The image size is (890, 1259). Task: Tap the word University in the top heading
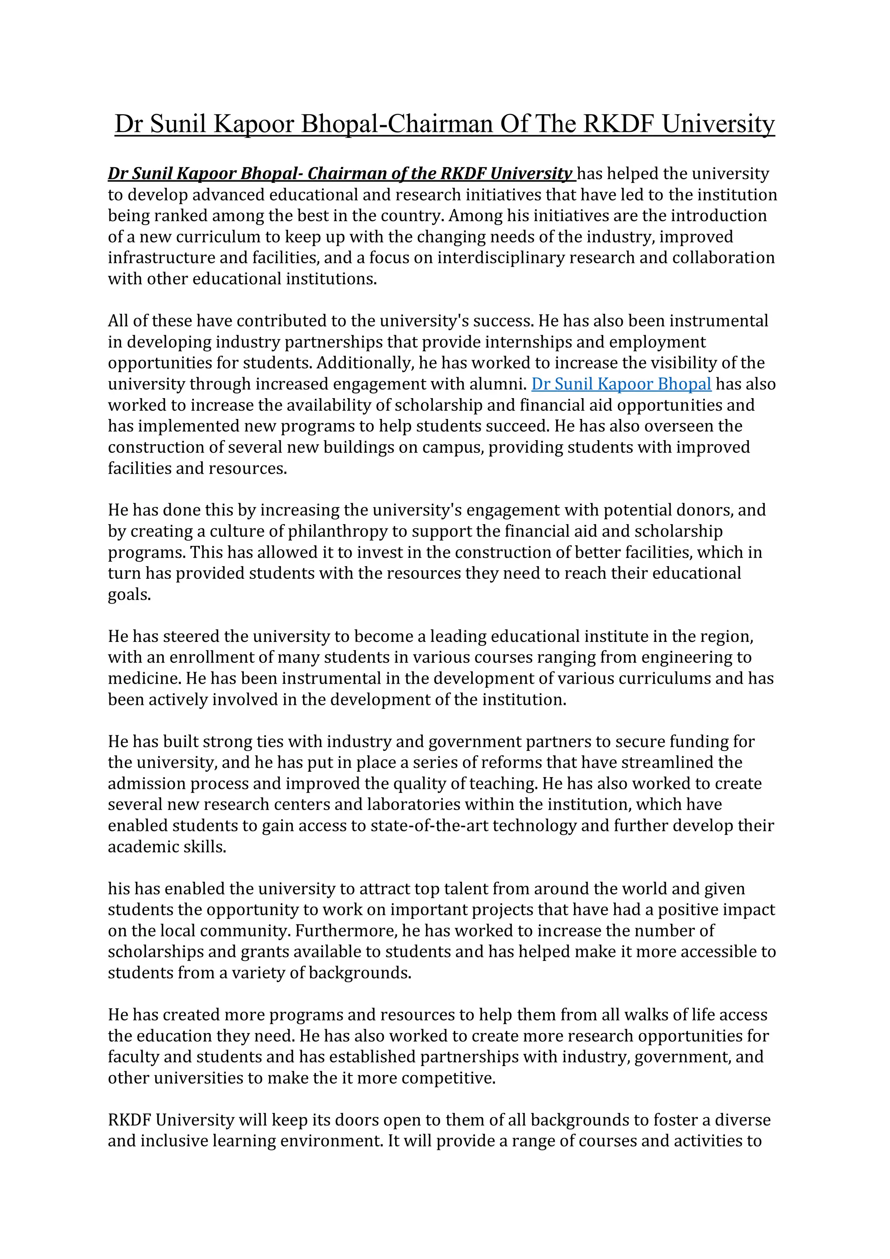[x=718, y=124]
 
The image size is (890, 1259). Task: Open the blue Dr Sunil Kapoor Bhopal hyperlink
[x=621, y=384]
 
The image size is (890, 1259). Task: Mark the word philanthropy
[x=345, y=532]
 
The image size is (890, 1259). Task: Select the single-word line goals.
[x=129, y=595]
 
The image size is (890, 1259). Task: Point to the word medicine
[x=144, y=679]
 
